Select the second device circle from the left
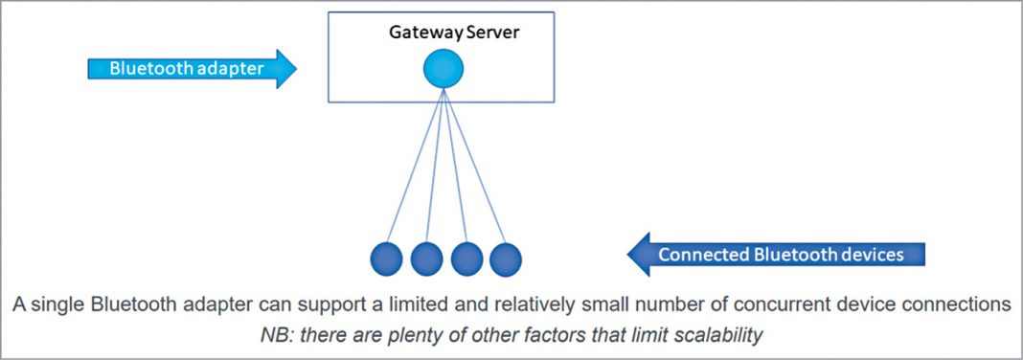(426, 259)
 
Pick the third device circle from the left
(466, 259)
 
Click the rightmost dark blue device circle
(506, 259)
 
